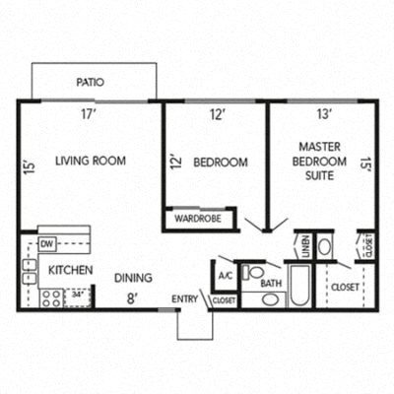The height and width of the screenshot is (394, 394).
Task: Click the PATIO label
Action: click(x=91, y=84)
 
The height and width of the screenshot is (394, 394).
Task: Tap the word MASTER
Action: click(x=319, y=147)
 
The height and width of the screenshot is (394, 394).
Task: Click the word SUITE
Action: click(x=319, y=175)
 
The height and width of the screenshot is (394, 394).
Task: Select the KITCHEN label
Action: click(x=70, y=269)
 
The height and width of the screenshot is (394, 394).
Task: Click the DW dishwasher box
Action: click(x=47, y=243)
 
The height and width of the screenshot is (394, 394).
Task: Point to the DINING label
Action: click(x=133, y=278)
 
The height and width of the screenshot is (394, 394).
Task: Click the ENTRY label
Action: click(x=185, y=298)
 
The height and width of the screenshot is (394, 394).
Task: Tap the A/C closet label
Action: click(x=225, y=275)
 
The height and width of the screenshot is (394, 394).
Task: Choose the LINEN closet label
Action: click(x=304, y=244)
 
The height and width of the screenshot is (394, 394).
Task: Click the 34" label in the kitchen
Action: click(x=76, y=293)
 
